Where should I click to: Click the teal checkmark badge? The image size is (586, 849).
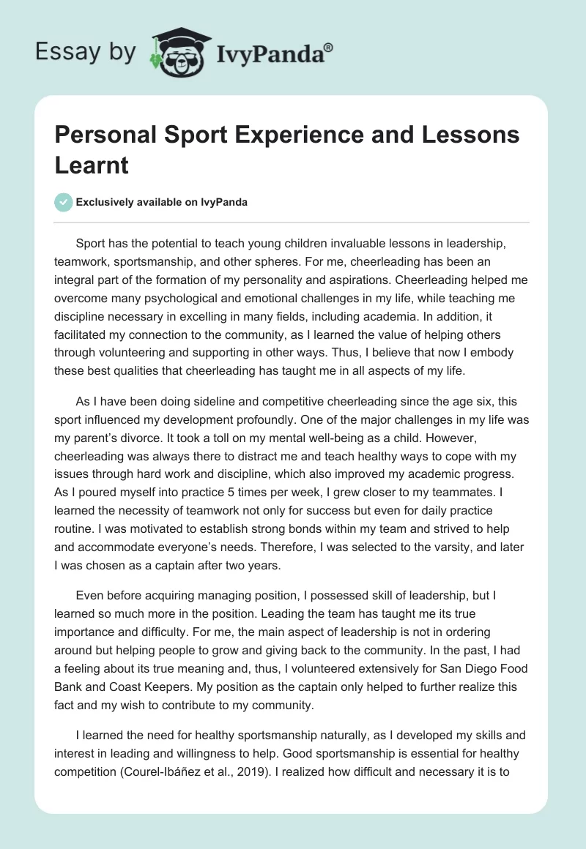(x=64, y=202)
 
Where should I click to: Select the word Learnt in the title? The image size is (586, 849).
(x=92, y=165)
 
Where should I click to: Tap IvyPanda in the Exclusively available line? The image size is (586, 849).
(x=224, y=202)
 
